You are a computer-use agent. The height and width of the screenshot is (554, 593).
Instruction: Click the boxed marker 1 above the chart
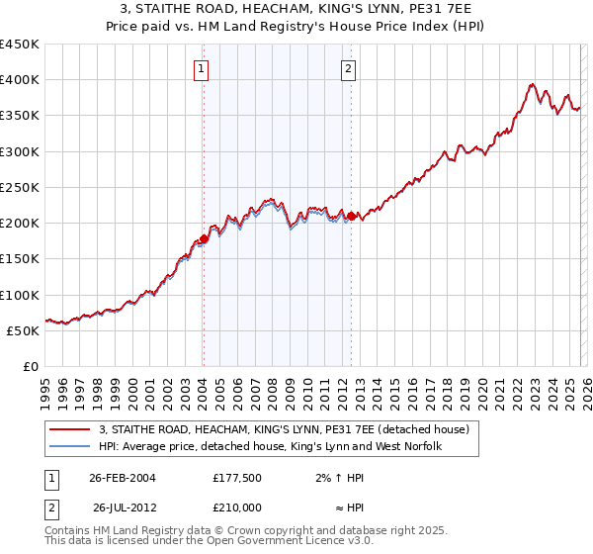[x=201, y=69]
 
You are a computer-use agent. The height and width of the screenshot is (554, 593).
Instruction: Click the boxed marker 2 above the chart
[x=349, y=69]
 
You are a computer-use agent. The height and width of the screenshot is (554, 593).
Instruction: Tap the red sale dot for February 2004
[x=204, y=238]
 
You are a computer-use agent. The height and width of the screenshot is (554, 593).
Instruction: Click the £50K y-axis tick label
[x=24, y=330]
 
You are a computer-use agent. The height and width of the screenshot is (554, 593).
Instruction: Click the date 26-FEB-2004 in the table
[x=122, y=477]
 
